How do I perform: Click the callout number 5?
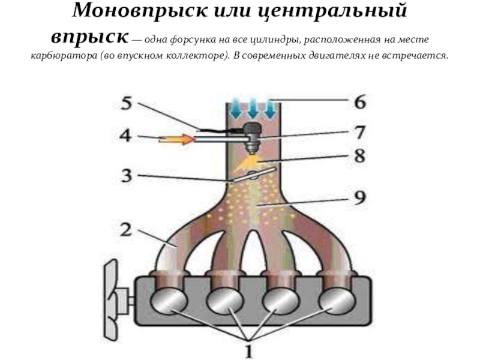[126, 103]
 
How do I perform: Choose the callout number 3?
[126, 176]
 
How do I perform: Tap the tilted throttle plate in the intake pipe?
[253, 176]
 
